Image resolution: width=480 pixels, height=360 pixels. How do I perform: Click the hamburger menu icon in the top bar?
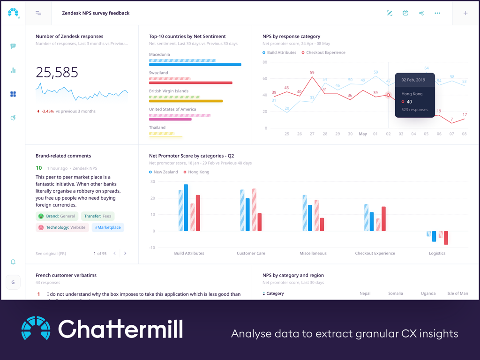tap(38, 13)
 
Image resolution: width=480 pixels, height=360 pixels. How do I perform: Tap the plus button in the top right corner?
tap(465, 13)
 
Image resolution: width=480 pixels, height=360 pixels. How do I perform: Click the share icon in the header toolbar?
tap(421, 13)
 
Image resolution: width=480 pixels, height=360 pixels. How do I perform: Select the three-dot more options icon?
tap(437, 13)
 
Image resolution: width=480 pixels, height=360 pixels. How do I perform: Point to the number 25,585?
tap(57, 72)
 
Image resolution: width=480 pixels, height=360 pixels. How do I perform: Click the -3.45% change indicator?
tap(47, 112)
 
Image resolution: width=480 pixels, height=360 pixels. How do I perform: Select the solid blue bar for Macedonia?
tap(195, 65)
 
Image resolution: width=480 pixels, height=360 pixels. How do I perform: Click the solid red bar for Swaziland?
tap(190, 83)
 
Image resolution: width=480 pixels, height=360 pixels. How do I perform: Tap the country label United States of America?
tap(172, 109)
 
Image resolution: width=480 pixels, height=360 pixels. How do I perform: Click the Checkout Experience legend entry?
tap(325, 52)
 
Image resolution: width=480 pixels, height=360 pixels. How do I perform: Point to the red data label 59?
tap(312, 73)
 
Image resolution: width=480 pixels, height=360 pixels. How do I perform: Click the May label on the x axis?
tap(363, 134)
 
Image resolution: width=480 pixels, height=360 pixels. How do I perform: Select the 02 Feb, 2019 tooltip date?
tap(413, 80)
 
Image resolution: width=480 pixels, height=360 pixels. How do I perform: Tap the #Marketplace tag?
tap(108, 227)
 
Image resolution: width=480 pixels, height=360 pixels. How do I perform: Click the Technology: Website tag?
tap(62, 227)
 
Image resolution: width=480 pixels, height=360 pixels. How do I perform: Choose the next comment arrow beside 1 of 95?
tap(125, 254)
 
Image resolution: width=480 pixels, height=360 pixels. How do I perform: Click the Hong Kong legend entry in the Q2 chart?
tap(198, 172)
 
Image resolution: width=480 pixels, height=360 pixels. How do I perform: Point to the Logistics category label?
tap(437, 253)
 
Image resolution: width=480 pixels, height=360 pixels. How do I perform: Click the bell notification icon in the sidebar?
tap(13, 262)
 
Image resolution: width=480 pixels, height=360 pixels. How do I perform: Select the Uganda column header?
tap(428, 293)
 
